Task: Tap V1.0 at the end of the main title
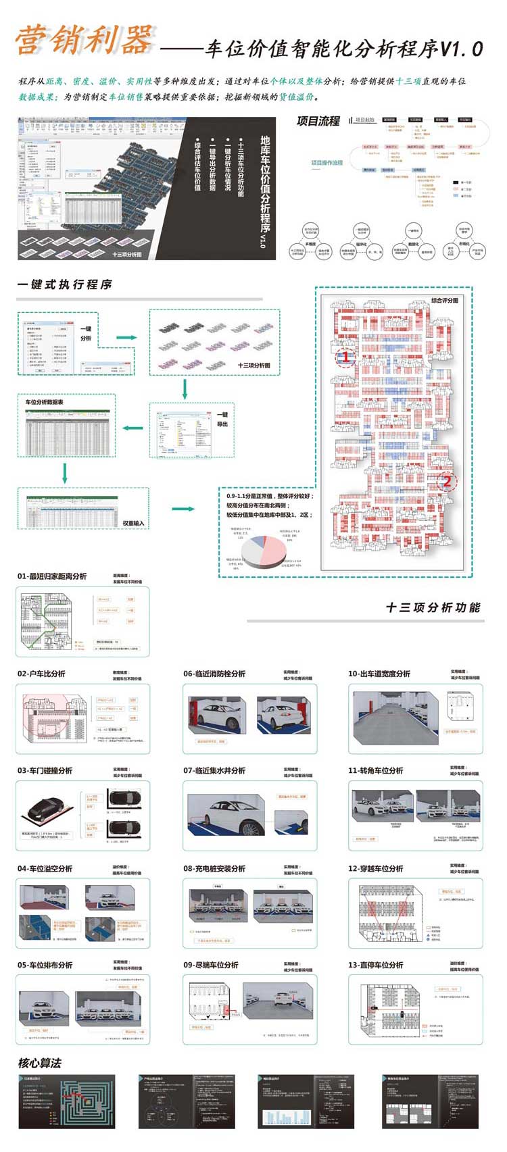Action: [x=462, y=49]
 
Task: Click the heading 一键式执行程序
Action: [x=65, y=284]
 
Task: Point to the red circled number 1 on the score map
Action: [x=345, y=356]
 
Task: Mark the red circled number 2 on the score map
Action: [x=446, y=481]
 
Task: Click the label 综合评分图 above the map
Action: [x=444, y=300]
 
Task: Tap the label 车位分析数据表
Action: [x=45, y=402]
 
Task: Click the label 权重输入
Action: [x=133, y=523]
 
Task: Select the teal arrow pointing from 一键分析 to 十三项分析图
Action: [x=126, y=337]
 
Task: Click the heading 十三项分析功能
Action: [x=433, y=607]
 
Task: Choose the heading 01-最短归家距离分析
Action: [x=52, y=576]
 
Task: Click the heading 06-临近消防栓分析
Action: [x=214, y=674]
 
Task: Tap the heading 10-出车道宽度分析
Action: [x=379, y=674]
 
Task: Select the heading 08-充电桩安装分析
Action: [x=214, y=868]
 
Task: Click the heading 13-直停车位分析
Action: [x=376, y=965]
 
